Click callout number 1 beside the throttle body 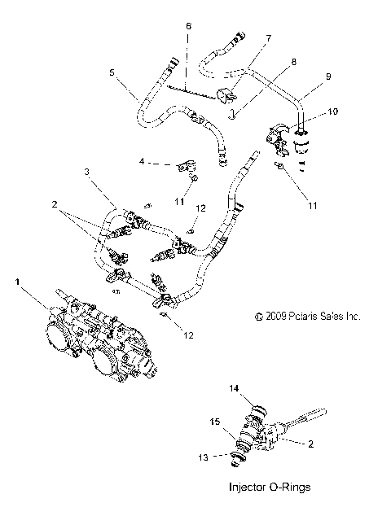[18, 282]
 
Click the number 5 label [112, 72]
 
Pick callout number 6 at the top [188, 26]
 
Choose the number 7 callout [268, 37]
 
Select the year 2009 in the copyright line [270, 317]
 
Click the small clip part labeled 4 [182, 167]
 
